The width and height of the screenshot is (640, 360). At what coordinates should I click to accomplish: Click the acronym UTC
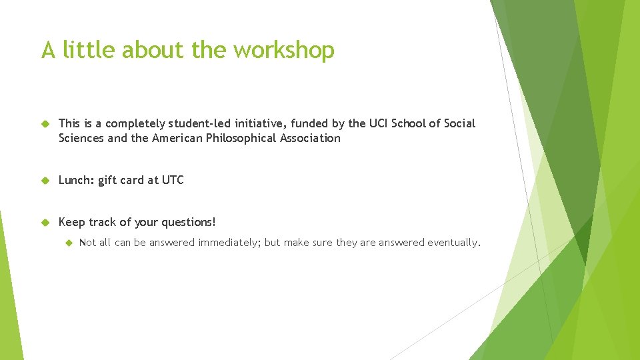(x=173, y=180)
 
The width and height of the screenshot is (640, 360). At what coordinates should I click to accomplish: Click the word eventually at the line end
(x=451, y=243)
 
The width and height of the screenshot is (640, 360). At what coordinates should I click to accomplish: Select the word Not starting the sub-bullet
(x=87, y=243)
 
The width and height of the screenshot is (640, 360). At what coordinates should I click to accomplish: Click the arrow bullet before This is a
(x=45, y=124)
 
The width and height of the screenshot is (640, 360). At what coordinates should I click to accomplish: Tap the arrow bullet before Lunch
(x=45, y=181)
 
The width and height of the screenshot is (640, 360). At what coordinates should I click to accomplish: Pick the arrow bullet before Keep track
(x=45, y=222)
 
